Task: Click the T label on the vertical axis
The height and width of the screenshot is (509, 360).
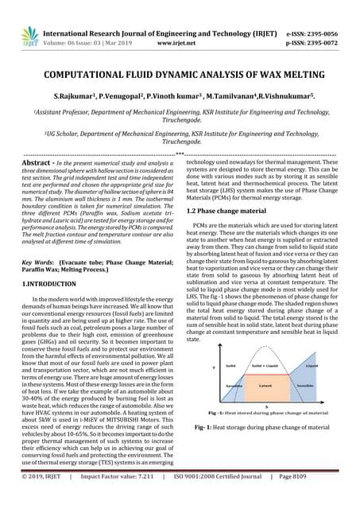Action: pos(211,368)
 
